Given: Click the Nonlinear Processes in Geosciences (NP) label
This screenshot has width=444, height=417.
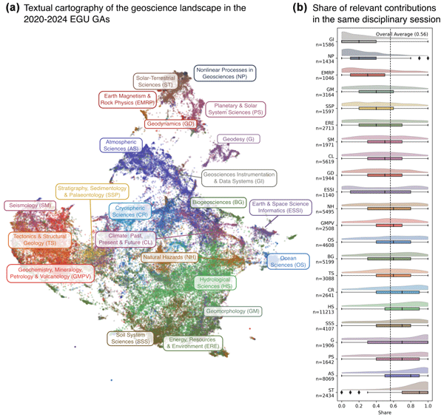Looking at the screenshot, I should tap(225, 73).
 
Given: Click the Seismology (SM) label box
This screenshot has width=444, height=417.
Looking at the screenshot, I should tap(30, 205).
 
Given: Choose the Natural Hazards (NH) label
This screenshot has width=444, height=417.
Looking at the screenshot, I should tap(169, 257).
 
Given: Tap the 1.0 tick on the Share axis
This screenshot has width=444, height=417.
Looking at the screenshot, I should tap(428, 406).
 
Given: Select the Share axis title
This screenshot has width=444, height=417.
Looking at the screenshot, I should tap(385, 414).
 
